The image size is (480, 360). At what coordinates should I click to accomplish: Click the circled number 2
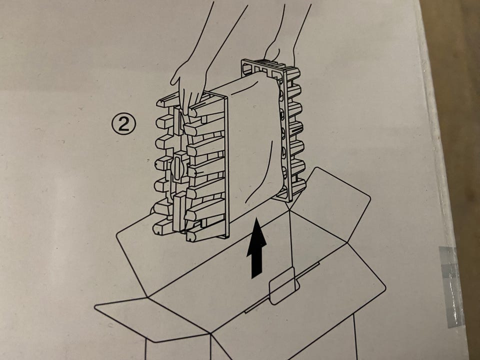(x=123, y=123)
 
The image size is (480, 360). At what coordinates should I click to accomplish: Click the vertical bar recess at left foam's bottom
(x=179, y=211)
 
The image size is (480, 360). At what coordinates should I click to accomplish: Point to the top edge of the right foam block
(x=269, y=65)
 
